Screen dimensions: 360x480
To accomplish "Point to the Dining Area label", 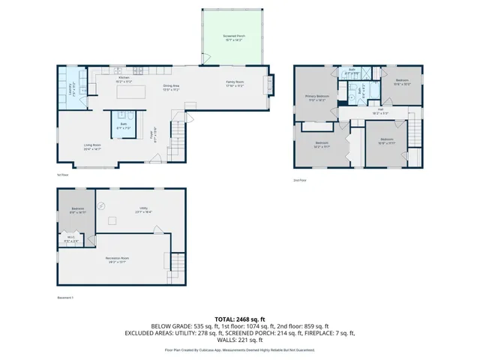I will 171,88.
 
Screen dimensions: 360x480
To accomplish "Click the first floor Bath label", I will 123,125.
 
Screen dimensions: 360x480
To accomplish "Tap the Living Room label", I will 92,147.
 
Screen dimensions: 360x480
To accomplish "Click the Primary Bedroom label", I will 316,97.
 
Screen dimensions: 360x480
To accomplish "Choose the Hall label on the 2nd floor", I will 380,111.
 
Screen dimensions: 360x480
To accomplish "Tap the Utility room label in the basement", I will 138,211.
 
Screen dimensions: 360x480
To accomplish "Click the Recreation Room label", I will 115,259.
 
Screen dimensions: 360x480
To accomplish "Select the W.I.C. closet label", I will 70,241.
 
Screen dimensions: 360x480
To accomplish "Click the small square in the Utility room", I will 113,220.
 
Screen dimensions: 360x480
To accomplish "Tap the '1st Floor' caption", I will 63,175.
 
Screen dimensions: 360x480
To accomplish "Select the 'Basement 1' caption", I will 66,298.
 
